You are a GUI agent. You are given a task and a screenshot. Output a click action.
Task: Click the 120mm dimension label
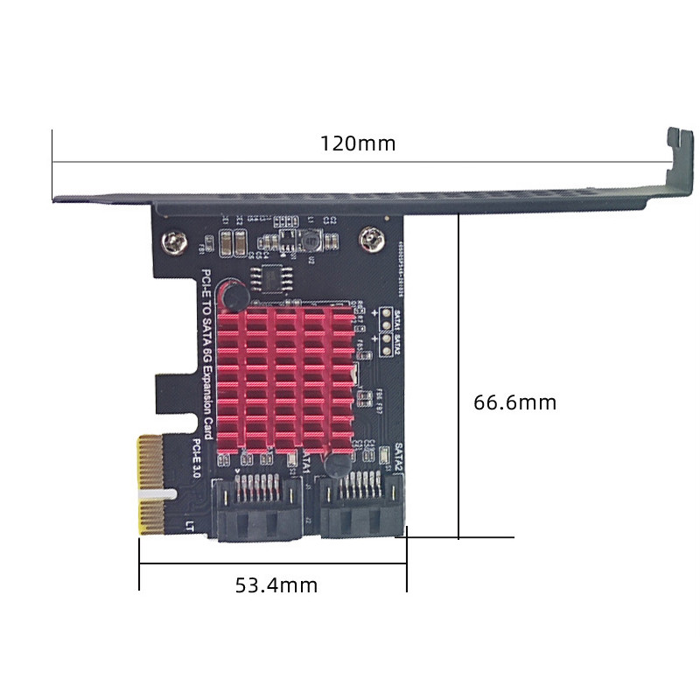357,143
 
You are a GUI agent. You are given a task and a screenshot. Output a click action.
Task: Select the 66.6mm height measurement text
514,402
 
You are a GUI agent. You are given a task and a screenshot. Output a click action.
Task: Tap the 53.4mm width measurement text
276,584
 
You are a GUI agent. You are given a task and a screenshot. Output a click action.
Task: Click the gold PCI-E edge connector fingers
150,486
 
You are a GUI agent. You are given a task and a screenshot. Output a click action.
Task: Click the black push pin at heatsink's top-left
234,294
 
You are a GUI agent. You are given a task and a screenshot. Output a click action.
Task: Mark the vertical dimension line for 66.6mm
458,376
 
